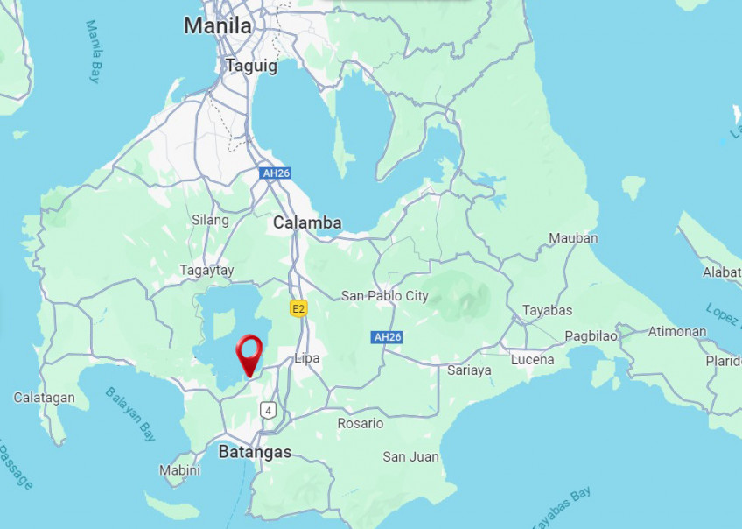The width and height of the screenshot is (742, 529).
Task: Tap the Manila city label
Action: [217, 26]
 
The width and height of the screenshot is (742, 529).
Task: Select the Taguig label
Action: [251, 65]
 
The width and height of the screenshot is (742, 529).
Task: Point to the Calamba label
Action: [307, 222]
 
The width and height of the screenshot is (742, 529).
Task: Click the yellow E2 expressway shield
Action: [299, 308]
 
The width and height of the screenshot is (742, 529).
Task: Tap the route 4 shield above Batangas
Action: [268, 409]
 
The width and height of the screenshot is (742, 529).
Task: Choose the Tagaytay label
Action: [206, 271]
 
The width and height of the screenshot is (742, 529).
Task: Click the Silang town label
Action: [210, 220]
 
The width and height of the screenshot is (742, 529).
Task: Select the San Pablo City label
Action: [385, 295]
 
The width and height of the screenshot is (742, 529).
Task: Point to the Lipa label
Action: [307, 358]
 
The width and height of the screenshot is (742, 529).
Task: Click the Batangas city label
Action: [254, 452]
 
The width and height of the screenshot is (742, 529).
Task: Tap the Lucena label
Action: [532, 360]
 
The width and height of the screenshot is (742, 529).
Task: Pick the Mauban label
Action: [573, 238]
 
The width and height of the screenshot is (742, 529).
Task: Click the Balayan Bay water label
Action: [131, 415]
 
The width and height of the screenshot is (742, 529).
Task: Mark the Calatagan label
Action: [44, 398]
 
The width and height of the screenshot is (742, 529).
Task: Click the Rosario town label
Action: [360, 424]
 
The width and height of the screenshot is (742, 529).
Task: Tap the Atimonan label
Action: [677, 332]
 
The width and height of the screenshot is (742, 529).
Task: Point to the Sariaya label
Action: [469, 370]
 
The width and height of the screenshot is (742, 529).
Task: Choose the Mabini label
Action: [179, 470]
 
